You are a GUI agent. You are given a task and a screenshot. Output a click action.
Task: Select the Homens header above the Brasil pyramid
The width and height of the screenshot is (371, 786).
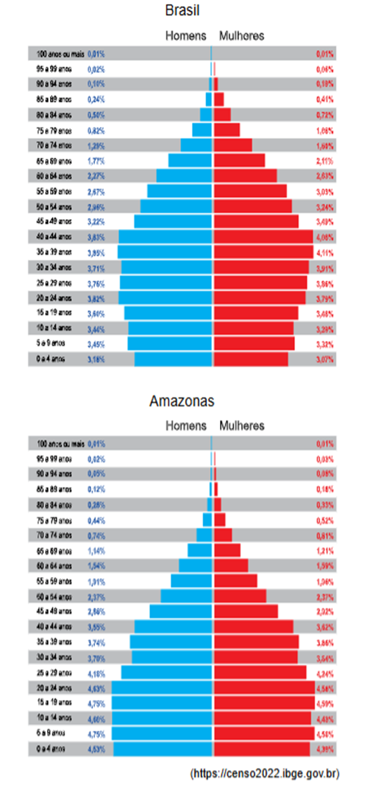(186, 35)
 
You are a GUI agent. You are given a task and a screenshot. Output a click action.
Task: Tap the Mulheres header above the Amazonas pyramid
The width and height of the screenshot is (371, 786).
(242, 425)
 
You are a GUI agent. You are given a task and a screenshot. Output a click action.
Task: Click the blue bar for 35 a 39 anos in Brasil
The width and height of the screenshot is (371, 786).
(165, 252)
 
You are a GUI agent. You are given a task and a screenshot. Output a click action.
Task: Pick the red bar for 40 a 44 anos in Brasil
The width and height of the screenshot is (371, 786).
(263, 237)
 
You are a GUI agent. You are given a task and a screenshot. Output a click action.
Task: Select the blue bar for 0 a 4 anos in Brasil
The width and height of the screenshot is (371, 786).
(173, 359)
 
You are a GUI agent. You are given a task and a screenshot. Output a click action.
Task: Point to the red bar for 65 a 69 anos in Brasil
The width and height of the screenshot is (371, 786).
(239, 160)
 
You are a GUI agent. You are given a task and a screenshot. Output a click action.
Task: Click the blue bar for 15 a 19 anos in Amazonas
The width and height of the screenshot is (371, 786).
(162, 702)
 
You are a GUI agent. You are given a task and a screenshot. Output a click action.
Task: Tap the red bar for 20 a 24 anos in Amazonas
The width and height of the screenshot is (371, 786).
(264, 686)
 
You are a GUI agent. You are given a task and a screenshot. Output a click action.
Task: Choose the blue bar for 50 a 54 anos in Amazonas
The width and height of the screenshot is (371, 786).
(186, 596)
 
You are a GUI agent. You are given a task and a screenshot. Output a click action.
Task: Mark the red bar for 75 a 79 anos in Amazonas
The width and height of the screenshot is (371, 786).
(220, 520)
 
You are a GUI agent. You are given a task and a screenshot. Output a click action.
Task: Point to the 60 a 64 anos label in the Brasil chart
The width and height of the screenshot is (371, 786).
(54, 175)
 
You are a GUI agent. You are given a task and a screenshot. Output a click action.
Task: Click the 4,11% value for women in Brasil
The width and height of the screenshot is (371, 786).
(325, 252)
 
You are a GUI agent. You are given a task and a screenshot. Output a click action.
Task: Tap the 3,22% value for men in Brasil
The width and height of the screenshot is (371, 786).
(96, 221)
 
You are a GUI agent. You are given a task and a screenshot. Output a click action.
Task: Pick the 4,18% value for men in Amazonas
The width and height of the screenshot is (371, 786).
(96, 672)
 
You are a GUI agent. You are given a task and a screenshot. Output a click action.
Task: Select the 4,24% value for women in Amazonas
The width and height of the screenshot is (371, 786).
(325, 672)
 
